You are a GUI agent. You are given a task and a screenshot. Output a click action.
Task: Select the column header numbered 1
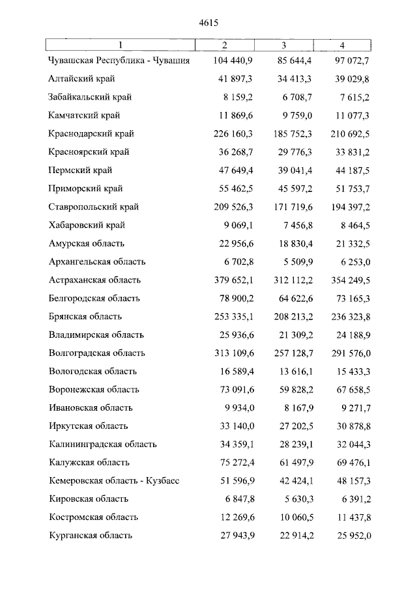click(x=120, y=45)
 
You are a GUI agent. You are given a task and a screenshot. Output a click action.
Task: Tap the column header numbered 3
click(x=284, y=45)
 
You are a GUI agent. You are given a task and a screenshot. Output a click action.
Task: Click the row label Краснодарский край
click(x=91, y=134)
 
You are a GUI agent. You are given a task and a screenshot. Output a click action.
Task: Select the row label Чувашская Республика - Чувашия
click(x=119, y=61)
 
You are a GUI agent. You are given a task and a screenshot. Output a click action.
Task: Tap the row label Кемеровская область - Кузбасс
click(x=114, y=480)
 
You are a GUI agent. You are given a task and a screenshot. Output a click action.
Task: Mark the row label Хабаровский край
click(x=86, y=225)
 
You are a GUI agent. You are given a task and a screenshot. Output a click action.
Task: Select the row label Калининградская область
click(x=102, y=444)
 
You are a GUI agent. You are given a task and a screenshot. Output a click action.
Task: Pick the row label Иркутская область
click(x=89, y=426)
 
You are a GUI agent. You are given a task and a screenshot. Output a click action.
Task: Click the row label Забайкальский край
click(x=90, y=98)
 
